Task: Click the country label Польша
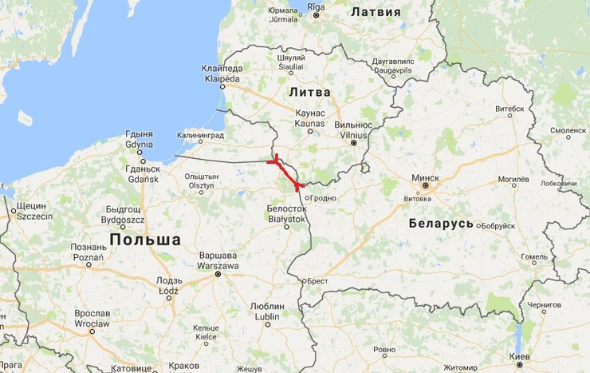click(145, 240)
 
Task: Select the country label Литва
click(309, 93)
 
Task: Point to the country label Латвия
click(376, 12)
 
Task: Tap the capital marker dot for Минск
click(426, 185)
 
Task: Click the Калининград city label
click(201, 136)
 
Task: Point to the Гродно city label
click(323, 197)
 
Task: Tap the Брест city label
click(317, 281)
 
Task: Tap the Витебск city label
click(509, 107)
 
